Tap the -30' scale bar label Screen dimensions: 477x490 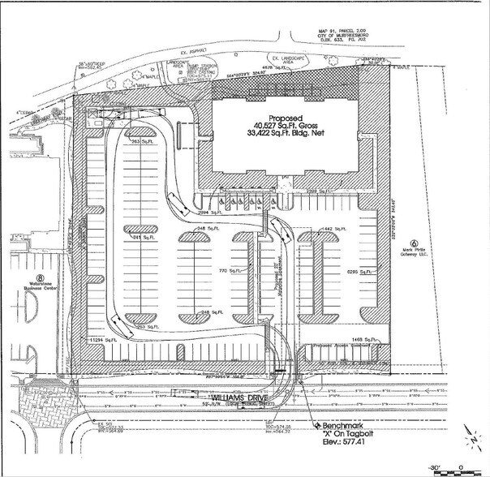point(435,468)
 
